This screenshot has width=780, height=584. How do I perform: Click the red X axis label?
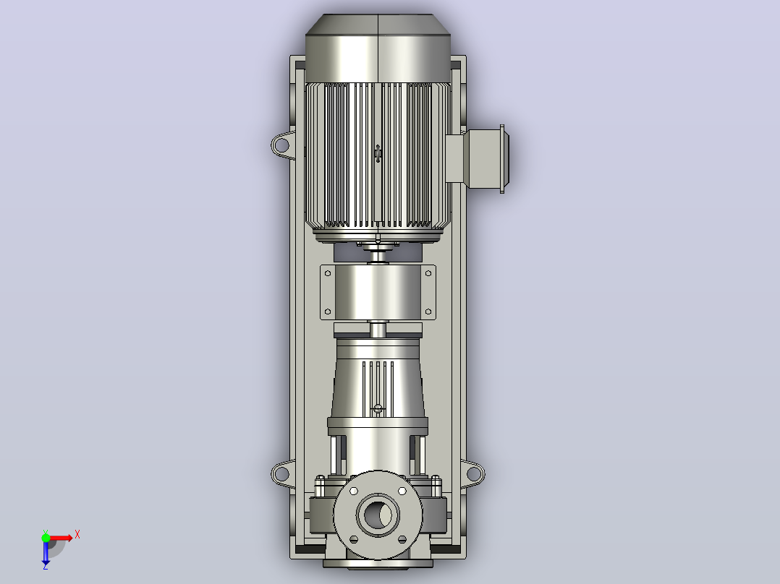[77, 535]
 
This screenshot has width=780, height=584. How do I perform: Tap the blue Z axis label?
[46, 566]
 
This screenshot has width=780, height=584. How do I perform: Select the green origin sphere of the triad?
[46, 538]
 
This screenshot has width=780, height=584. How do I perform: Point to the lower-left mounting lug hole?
[281, 473]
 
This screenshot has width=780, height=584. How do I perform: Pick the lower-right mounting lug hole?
[474, 473]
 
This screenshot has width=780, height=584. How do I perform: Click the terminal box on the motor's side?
[477, 158]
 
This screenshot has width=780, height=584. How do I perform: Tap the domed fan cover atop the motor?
[378, 48]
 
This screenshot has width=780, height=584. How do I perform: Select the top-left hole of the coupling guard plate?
[327, 273]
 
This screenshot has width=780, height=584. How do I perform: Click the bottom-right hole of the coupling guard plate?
[428, 312]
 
